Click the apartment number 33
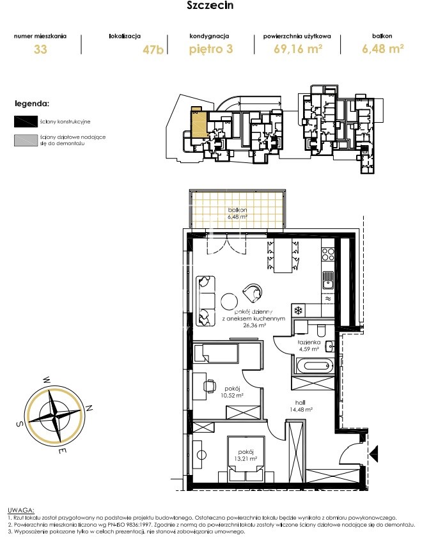[40, 49]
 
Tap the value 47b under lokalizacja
[153, 50]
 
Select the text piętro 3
[211, 49]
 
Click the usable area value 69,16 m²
[298, 49]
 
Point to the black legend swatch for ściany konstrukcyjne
[26, 121]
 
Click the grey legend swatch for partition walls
[26, 140]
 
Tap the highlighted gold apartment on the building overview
[199, 123]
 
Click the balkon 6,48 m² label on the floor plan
[237, 214]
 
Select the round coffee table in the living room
[229, 301]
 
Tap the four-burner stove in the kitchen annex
[328, 254]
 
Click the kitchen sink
[328, 279]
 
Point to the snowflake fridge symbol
[299, 311]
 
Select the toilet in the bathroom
[321, 330]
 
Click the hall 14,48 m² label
[301, 406]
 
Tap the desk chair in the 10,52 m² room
[210, 386]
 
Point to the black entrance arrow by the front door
[373, 453]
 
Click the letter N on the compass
[89, 408]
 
